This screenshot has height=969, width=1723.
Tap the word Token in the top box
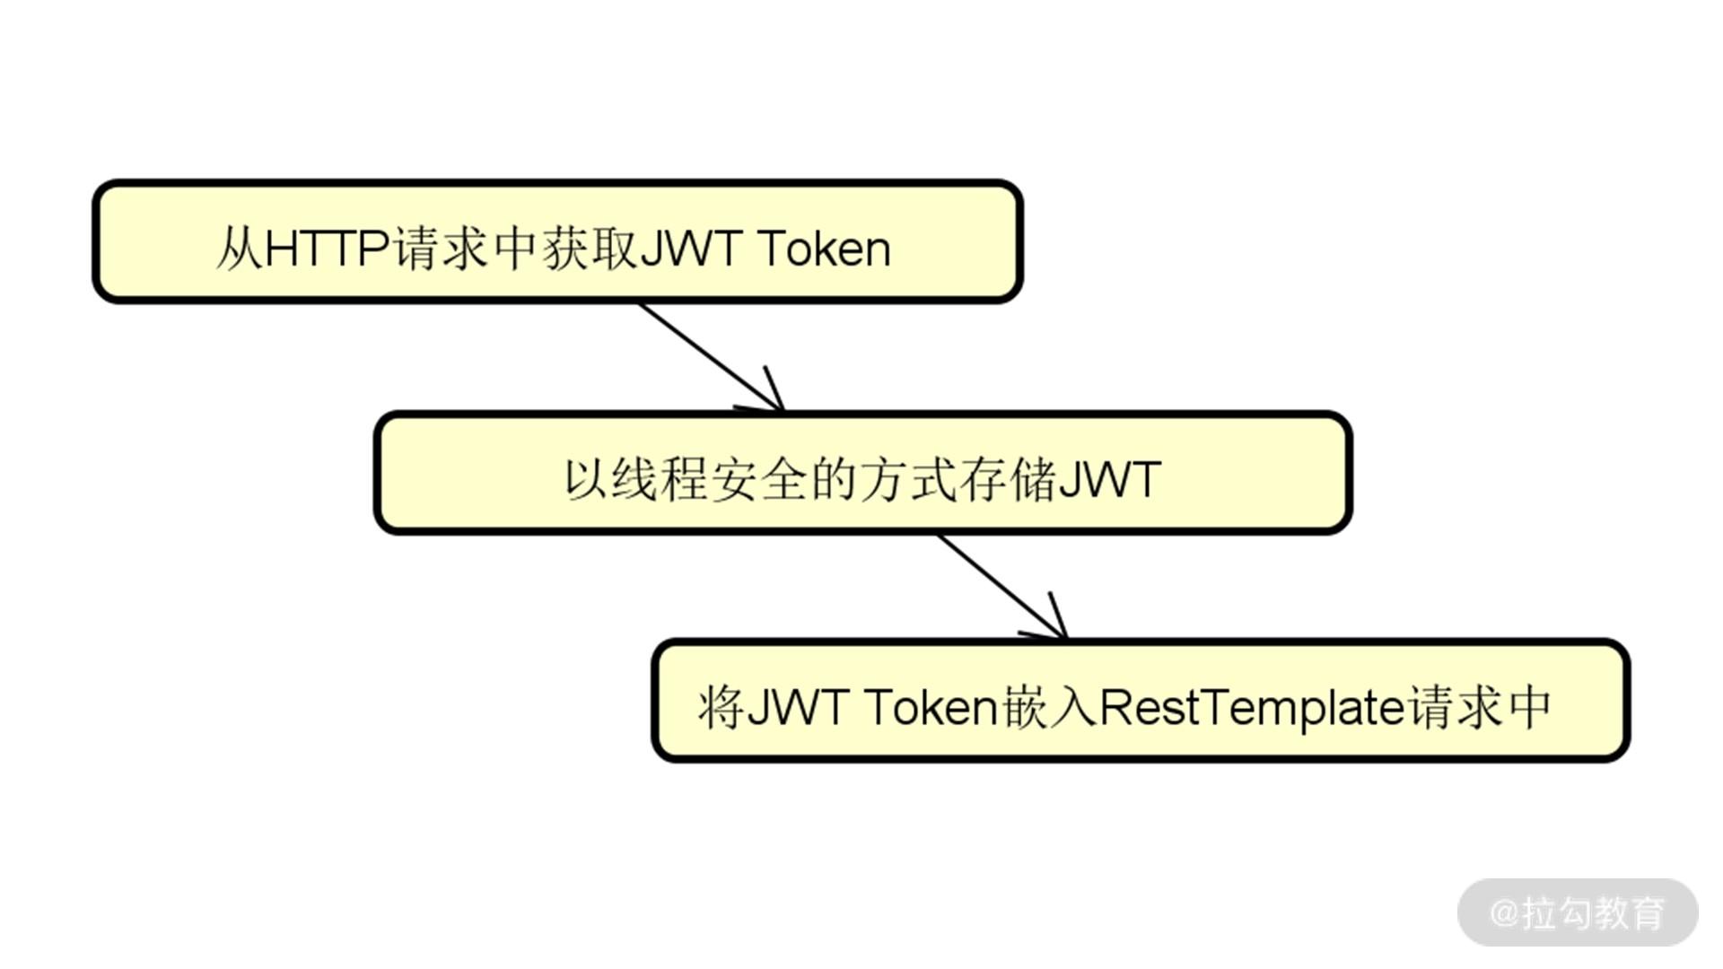click(x=824, y=248)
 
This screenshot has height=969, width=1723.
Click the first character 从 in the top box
click(x=239, y=248)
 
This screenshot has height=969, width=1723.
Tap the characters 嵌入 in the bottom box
click(x=1050, y=707)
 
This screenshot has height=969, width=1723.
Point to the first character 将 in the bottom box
click(x=721, y=707)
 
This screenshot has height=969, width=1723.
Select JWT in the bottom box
click(x=797, y=707)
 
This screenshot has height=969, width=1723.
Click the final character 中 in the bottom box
click(x=1530, y=707)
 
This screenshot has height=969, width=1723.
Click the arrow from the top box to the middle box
click(x=709, y=356)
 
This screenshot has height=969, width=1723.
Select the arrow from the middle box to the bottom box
click(x=1001, y=587)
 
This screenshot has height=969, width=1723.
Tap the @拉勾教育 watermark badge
click(x=1578, y=912)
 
